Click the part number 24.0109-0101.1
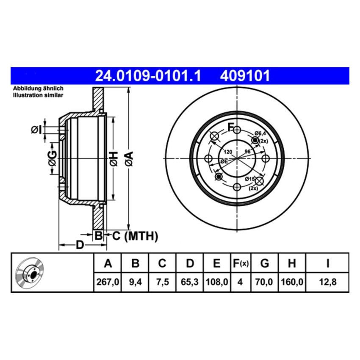[x=148, y=76]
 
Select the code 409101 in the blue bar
[x=244, y=76]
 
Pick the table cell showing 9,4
[x=135, y=281]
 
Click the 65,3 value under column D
[x=190, y=281]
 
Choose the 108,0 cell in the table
[x=216, y=281]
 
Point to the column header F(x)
[x=240, y=264]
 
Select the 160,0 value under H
[x=291, y=281]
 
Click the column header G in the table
[x=265, y=264]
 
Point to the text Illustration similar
[x=38, y=95]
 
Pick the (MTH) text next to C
[x=141, y=236]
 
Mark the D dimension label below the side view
[x=79, y=245]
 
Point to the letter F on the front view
[x=231, y=126]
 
